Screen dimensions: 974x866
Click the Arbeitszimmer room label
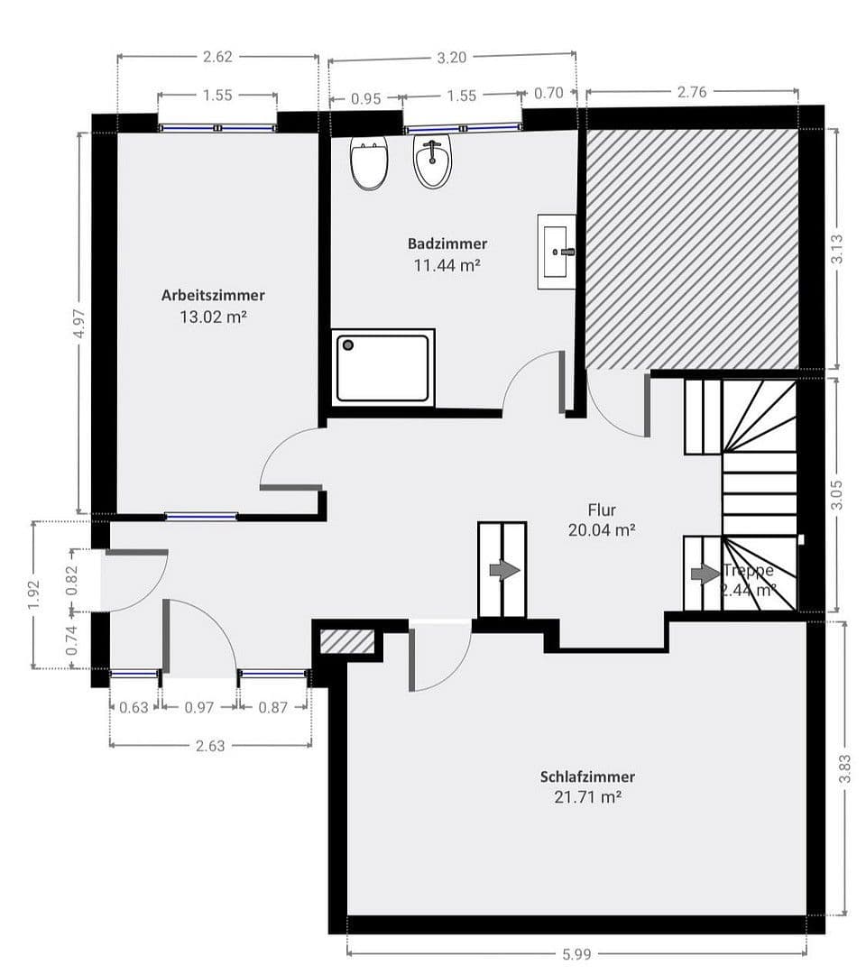point(213,295)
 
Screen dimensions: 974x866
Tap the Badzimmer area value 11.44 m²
point(447,265)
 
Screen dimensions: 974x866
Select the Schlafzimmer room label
point(587,776)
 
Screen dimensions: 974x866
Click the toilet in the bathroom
point(368,163)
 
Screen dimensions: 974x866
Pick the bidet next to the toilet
point(433,163)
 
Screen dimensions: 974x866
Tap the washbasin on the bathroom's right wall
point(556,252)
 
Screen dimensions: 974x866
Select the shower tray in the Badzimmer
point(384,367)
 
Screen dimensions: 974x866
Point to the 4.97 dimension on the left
point(80,322)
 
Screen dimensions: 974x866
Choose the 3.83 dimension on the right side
point(843,768)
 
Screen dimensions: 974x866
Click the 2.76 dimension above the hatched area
point(691,91)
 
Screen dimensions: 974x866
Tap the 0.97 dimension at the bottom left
point(198,708)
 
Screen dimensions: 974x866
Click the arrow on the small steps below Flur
point(503,570)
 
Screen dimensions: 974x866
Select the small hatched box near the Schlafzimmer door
point(348,641)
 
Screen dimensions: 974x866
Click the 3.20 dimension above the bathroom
point(451,58)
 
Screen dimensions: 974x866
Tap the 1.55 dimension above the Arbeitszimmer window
point(217,95)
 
